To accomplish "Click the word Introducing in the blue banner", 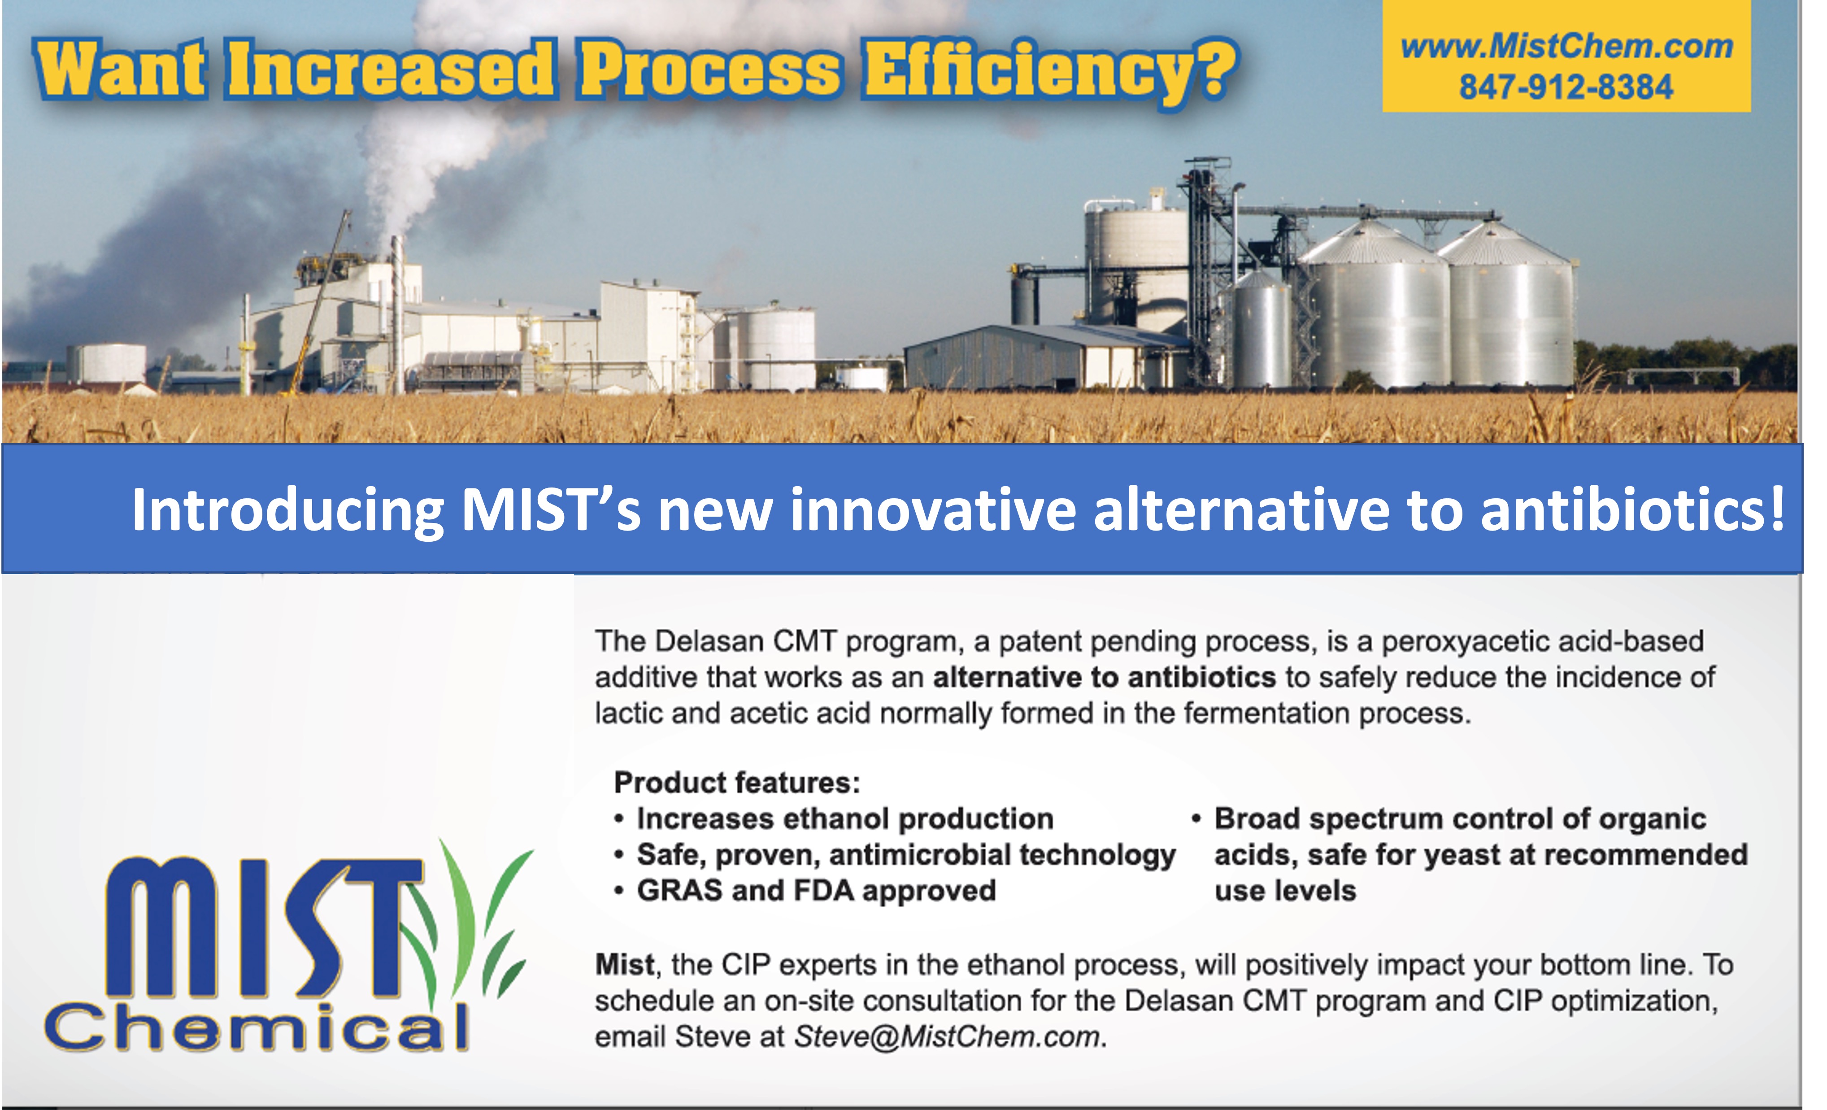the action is pyautogui.click(x=288, y=512).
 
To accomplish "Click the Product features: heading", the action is pyautogui.click(x=737, y=782).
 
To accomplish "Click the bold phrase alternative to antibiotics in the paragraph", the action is pyautogui.click(x=1104, y=677).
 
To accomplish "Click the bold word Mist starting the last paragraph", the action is pyautogui.click(x=624, y=965).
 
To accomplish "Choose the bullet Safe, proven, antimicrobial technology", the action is pyautogui.click(x=906, y=855).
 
